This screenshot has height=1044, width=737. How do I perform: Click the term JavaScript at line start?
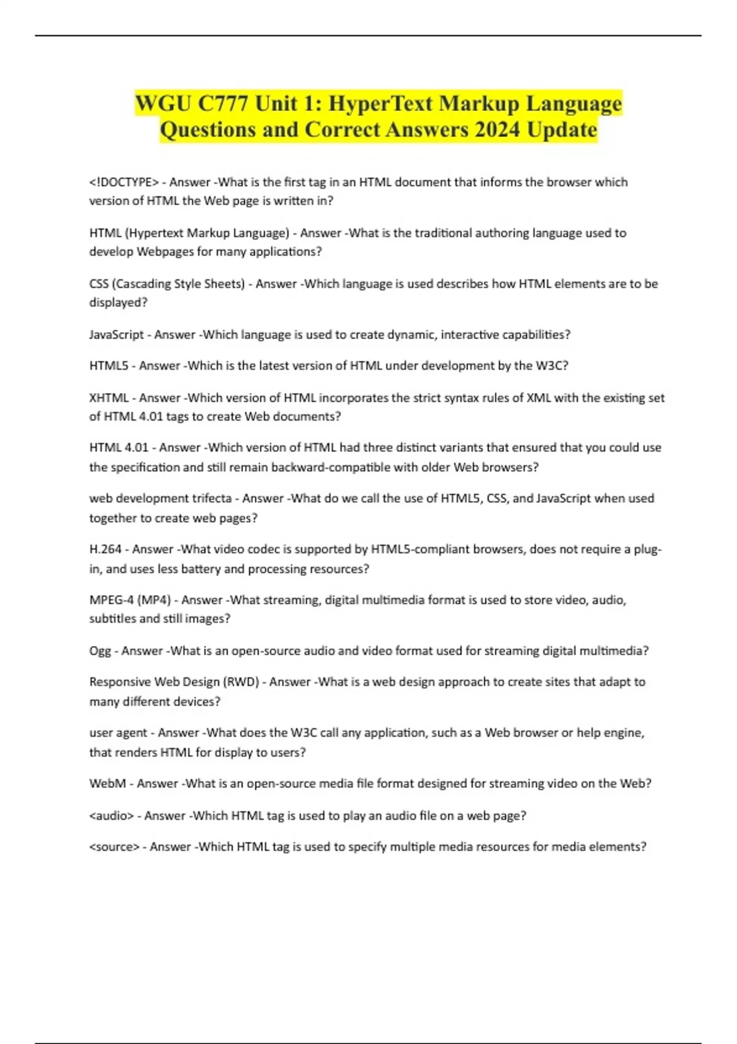[x=116, y=335]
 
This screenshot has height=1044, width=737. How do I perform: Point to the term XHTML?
[x=109, y=398]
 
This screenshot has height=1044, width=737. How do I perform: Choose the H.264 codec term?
[x=106, y=549]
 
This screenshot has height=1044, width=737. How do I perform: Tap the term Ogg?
[x=100, y=651]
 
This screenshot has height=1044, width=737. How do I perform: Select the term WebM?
[x=107, y=784]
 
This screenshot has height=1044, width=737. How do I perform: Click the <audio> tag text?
[x=111, y=816]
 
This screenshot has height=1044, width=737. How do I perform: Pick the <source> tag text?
[x=114, y=847]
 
